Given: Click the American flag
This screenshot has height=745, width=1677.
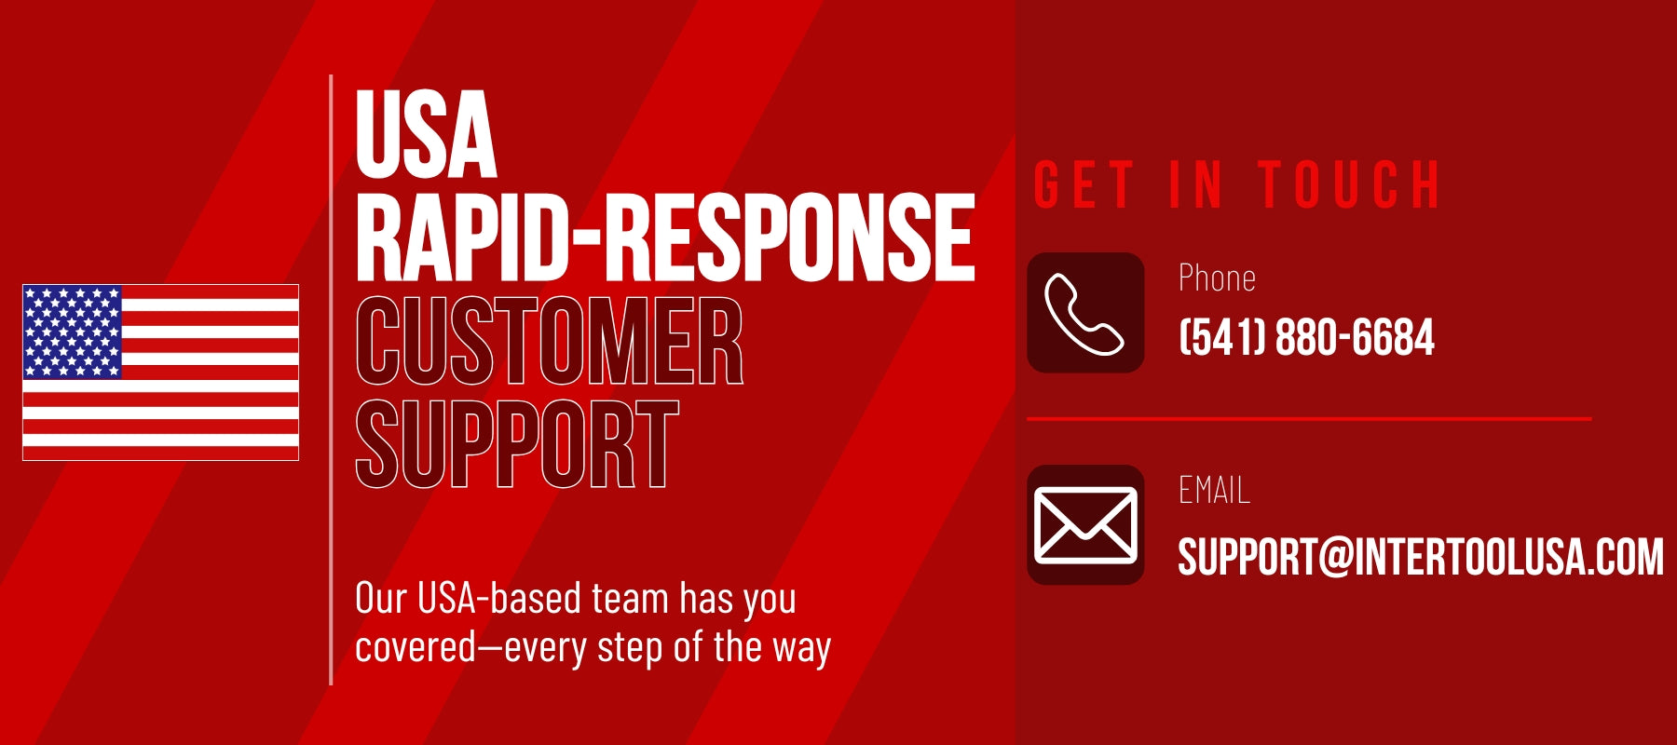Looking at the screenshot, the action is [160, 372].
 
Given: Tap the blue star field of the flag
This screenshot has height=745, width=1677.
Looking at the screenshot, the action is [73, 332].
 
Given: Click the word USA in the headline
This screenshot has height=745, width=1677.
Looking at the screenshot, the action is [426, 134].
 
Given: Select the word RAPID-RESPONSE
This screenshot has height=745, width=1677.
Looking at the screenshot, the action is [665, 237].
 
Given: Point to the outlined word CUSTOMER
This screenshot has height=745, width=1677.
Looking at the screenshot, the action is [550, 341].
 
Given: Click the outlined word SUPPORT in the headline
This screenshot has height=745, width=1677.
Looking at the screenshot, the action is [517, 444].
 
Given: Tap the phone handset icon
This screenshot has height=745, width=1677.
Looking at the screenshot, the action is [1085, 314].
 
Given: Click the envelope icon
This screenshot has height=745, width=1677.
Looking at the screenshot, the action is [1085, 525].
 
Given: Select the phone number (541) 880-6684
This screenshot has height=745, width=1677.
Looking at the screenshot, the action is [1306, 337].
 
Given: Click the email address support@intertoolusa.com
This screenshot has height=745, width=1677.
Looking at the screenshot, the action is [1421, 557].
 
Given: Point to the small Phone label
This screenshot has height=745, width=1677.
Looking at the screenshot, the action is [1217, 278].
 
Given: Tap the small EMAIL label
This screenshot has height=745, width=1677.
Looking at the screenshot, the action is [1214, 490].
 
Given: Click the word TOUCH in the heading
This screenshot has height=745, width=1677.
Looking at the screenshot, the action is [1349, 184].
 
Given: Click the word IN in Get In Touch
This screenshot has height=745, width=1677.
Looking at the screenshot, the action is [1196, 184].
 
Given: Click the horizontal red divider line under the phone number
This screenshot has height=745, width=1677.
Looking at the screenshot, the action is [1309, 419].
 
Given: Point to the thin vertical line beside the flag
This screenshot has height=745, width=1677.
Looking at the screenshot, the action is [331, 380].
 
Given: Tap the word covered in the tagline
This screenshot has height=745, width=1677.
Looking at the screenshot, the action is [416, 647].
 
